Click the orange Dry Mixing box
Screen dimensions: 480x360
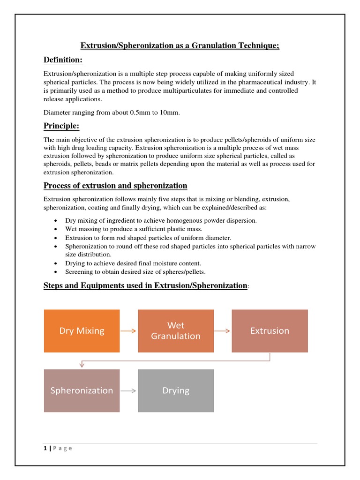pyautogui.click(x=82, y=331)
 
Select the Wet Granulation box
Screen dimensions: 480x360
pyautogui.click(x=176, y=331)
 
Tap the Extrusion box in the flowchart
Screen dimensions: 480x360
pyautogui.click(x=270, y=331)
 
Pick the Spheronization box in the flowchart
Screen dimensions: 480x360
pyautogui.click(x=82, y=390)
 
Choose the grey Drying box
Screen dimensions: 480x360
pyautogui.click(x=176, y=390)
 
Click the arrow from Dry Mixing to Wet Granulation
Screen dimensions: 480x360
pyautogui.click(x=128, y=331)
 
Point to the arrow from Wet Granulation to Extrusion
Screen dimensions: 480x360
pyautogui.click(x=222, y=331)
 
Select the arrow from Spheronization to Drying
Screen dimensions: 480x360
pyautogui.click(x=128, y=390)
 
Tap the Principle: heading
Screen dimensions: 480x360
pyautogui.click(x=61, y=126)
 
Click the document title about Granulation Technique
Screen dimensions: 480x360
pyautogui.click(x=180, y=45)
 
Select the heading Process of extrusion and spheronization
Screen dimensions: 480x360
pyautogui.click(x=115, y=186)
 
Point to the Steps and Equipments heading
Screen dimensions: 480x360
pyautogui.click(x=145, y=285)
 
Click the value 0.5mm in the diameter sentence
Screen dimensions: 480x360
pyautogui.click(x=133, y=112)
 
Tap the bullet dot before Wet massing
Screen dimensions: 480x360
pyautogui.click(x=56, y=229)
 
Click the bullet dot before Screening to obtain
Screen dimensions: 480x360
pyautogui.click(x=56, y=272)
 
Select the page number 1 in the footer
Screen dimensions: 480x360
pyautogui.click(x=45, y=448)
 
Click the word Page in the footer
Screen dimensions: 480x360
pyautogui.click(x=63, y=448)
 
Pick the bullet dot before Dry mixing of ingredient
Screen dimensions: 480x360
pyautogui.click(x=56, y=220)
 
